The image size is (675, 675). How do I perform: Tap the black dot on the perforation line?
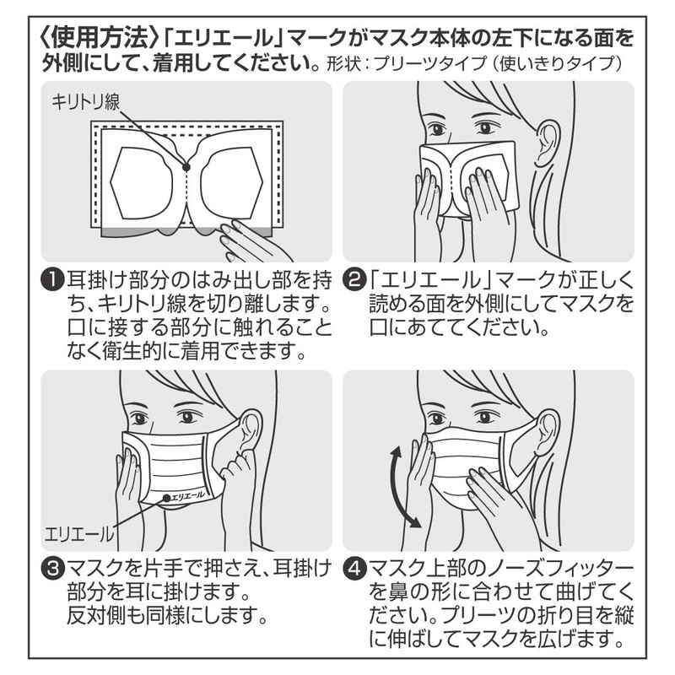coord(186,167)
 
